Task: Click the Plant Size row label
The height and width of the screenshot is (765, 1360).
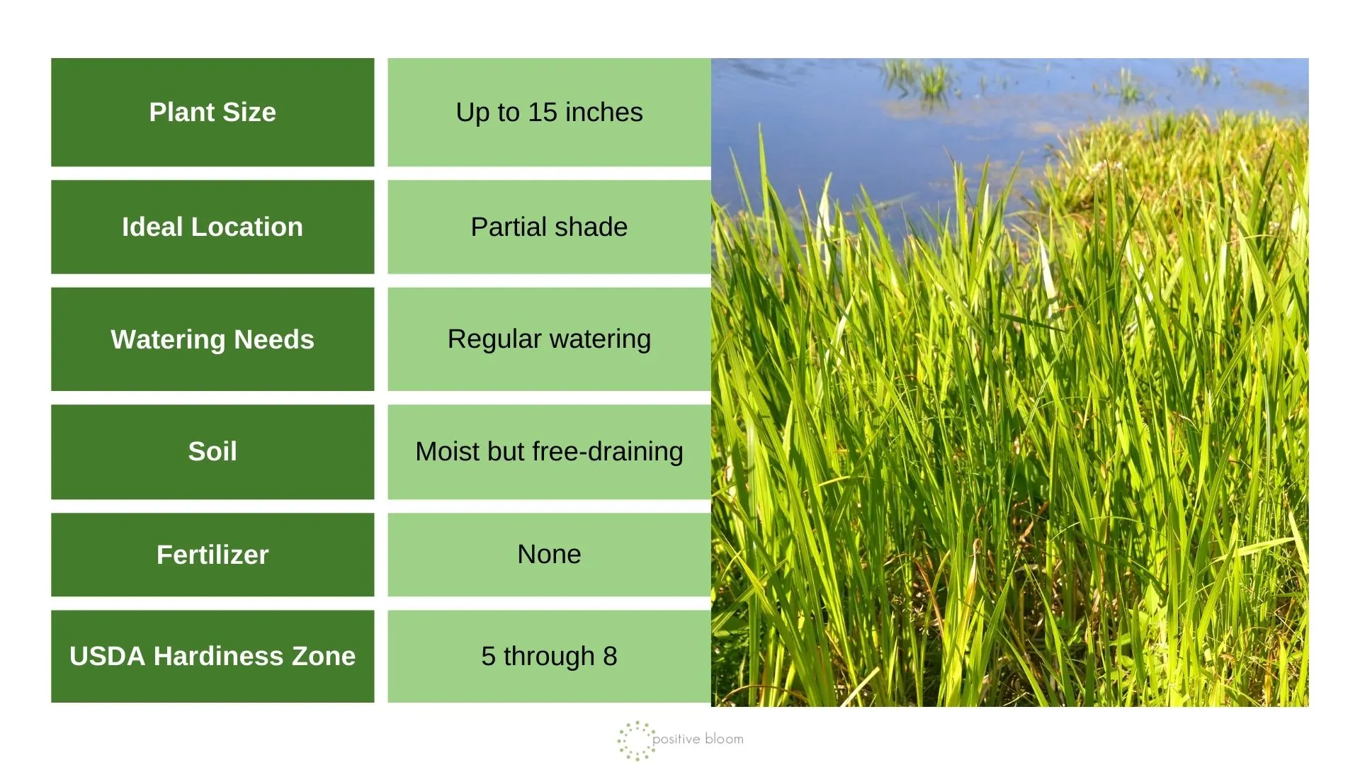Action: (212, 112)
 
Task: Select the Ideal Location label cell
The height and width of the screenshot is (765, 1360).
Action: (212, 227)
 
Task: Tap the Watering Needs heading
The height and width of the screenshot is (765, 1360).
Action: (212, 339)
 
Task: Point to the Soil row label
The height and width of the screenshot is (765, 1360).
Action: (212, 452)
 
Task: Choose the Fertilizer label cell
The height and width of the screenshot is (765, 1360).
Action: (212, 555)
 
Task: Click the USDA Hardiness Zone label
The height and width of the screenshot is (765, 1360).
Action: (212, 656)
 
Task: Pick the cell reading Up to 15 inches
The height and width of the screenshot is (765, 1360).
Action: (549, 112)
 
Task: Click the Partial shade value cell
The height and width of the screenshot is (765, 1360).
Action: (549, 227)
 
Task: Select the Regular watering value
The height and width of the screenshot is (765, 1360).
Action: (549, 339)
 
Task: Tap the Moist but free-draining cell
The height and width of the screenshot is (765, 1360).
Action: (549, 452)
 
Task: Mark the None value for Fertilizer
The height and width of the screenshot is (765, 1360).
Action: (549, 555)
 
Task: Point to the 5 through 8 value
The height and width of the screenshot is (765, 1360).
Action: (549, 656)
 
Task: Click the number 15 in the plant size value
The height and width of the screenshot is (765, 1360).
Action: (543, 112)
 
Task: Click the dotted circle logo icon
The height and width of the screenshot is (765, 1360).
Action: (635, 740)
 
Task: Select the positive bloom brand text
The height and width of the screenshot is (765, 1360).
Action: (698, 739)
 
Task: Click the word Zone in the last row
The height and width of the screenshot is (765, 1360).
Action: (324, 656)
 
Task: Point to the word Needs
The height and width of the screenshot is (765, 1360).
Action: (274, 339)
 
